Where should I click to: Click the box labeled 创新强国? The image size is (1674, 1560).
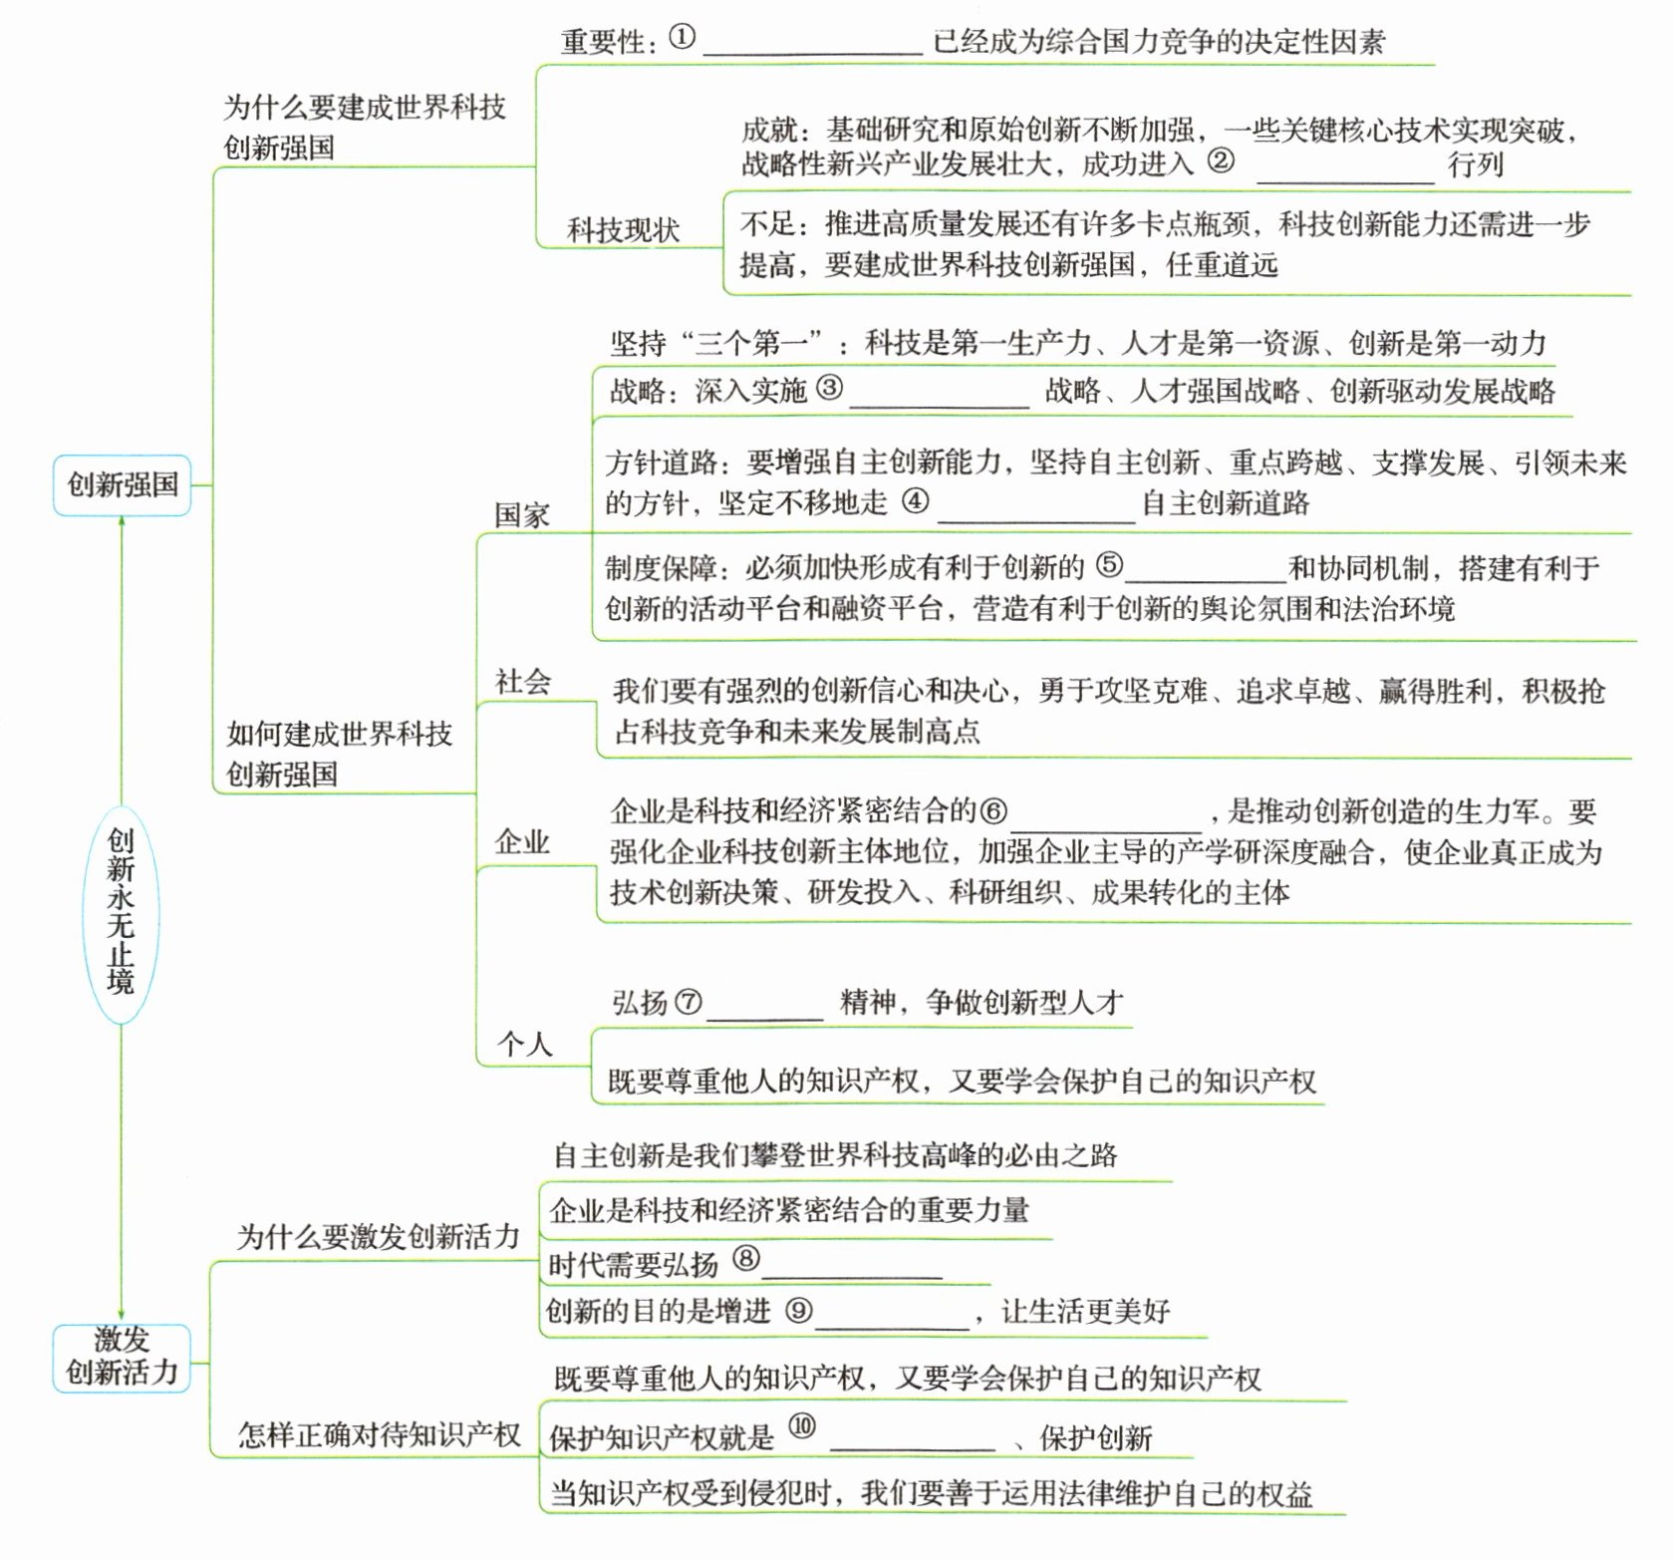122,485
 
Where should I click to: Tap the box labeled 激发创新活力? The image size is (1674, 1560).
122,1357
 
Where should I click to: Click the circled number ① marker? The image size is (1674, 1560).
682,38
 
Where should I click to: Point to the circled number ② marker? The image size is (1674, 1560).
1221,160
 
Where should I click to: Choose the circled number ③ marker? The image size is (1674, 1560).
829,388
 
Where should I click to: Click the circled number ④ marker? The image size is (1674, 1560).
915,500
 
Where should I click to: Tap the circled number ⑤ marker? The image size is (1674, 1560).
1109,565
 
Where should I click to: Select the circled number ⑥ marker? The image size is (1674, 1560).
993,810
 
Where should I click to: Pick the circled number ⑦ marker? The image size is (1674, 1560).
688,1001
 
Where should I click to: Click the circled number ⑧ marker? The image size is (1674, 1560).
745,1259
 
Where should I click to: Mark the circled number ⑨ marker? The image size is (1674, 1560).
798,1310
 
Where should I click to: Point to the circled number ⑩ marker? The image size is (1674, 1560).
802,1426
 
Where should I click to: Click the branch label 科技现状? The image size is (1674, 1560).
624,230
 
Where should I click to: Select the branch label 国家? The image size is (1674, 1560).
522,515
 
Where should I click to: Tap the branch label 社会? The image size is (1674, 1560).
523,682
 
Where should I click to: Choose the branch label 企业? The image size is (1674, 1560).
523,842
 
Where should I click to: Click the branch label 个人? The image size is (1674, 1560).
525,1044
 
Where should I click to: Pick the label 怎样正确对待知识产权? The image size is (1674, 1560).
379,1434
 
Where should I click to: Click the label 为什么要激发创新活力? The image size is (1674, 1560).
379,1237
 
